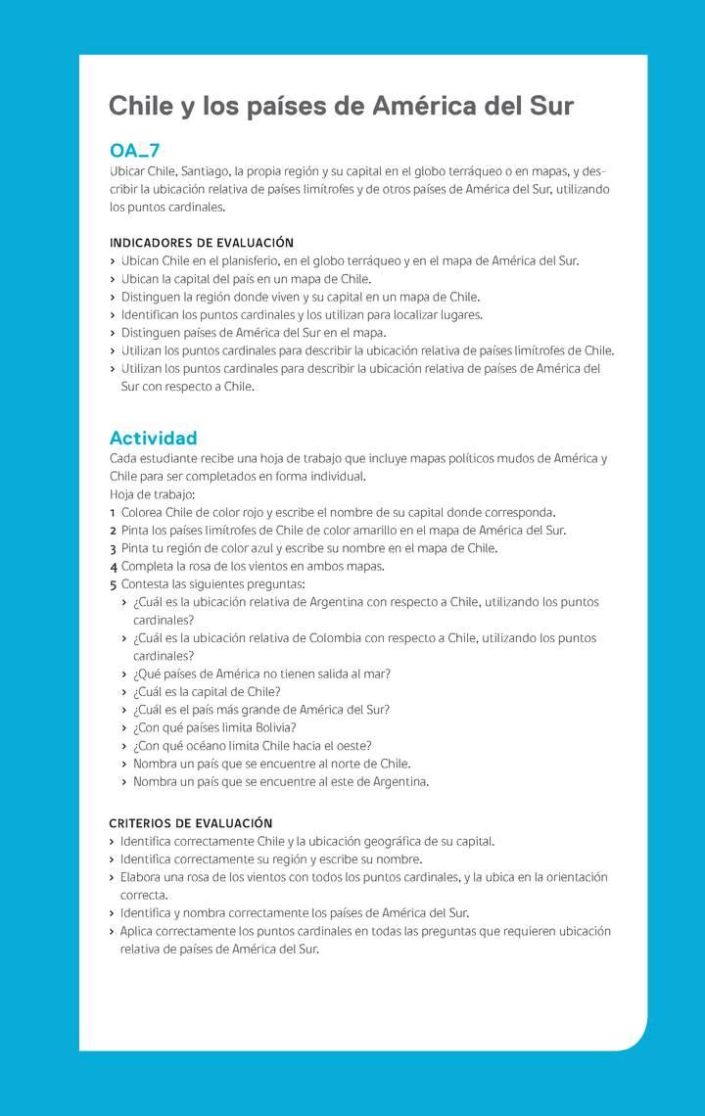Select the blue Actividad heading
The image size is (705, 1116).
click(x=153, y=438)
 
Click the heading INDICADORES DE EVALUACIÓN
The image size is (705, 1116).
click(x=201, y=243)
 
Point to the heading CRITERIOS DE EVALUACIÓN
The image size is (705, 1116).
click(x=190, y=823)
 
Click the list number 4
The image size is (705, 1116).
click(x=114, y=566)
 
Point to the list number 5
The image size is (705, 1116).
click(x=114, y=584)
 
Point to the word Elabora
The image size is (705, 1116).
click(x=143, y=877)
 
